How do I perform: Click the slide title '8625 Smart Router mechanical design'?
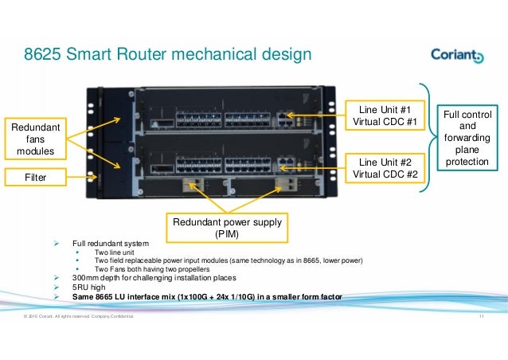point(163,55)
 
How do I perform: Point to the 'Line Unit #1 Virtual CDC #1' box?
point(385,115)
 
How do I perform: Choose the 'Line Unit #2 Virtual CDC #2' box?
point(385,167)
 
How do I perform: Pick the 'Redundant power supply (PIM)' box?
point(225,227)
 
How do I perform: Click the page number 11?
point(481,319)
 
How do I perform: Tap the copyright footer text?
point(79,319)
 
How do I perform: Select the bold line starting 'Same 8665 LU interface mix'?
point(207,297)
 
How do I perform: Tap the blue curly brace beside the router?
point(426,139)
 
